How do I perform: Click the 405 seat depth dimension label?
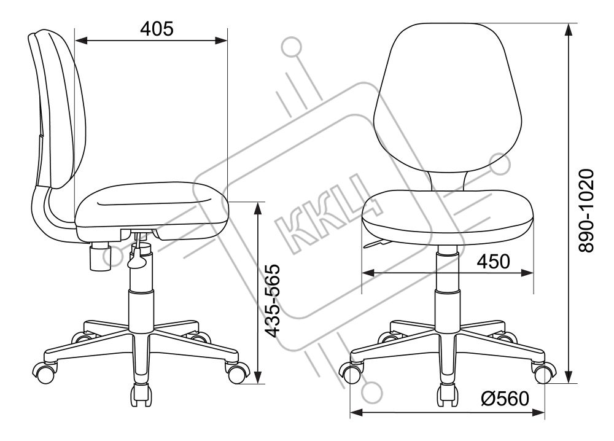click(x=157, y=29)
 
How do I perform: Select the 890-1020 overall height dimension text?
click(x=586, y=210)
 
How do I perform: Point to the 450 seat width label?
click(x=494, y=261)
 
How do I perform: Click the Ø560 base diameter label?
click(x=505, y=399)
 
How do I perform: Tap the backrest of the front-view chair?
click(x=448, y=98)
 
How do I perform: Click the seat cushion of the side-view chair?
click(x=152, y=211)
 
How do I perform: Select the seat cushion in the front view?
click(x=448, y=217)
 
